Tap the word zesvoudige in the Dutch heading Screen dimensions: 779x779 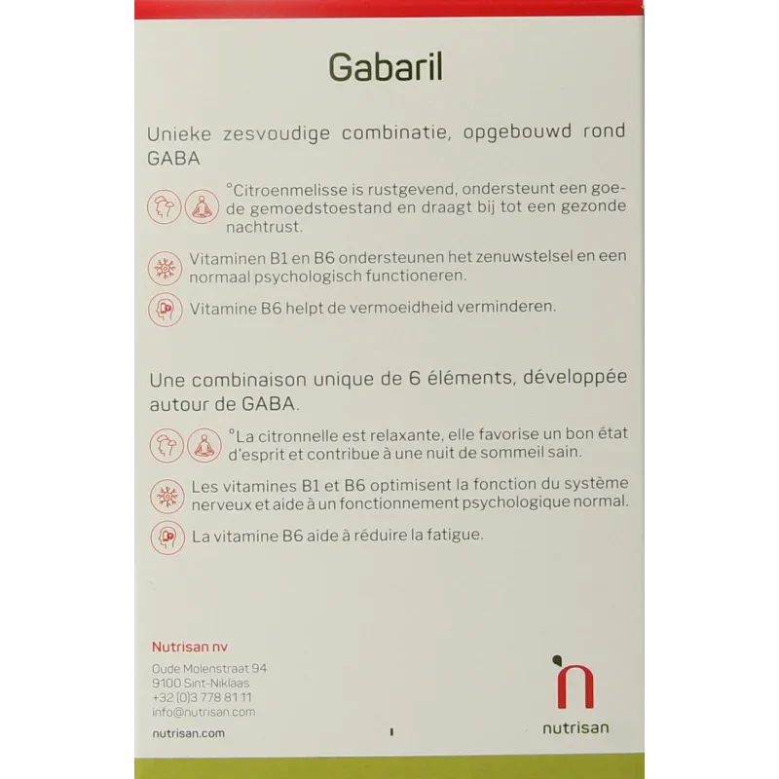point(269,132)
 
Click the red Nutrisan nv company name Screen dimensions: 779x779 point(189,648)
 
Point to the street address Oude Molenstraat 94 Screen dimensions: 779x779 point(209,669)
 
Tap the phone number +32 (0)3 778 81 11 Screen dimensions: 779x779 point(202,697)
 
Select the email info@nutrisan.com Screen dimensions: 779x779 point(204,712)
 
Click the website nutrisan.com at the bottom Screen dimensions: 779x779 point(188,733)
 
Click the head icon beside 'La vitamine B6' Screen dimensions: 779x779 point(166,537)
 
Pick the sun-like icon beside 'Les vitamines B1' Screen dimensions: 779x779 point(166,494)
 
